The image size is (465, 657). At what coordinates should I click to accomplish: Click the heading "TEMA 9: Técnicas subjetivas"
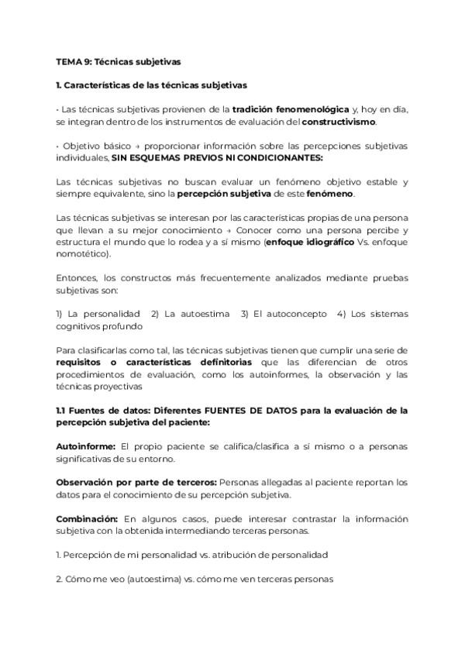pos(119,60)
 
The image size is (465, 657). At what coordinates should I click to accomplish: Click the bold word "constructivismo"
pos(339,122)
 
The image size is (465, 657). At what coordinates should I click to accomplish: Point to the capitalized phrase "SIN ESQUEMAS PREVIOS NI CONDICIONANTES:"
pos(218,157)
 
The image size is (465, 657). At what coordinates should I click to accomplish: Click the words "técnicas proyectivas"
pos(99,386)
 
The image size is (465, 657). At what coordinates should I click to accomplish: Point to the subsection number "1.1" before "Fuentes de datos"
pos(63,410)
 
